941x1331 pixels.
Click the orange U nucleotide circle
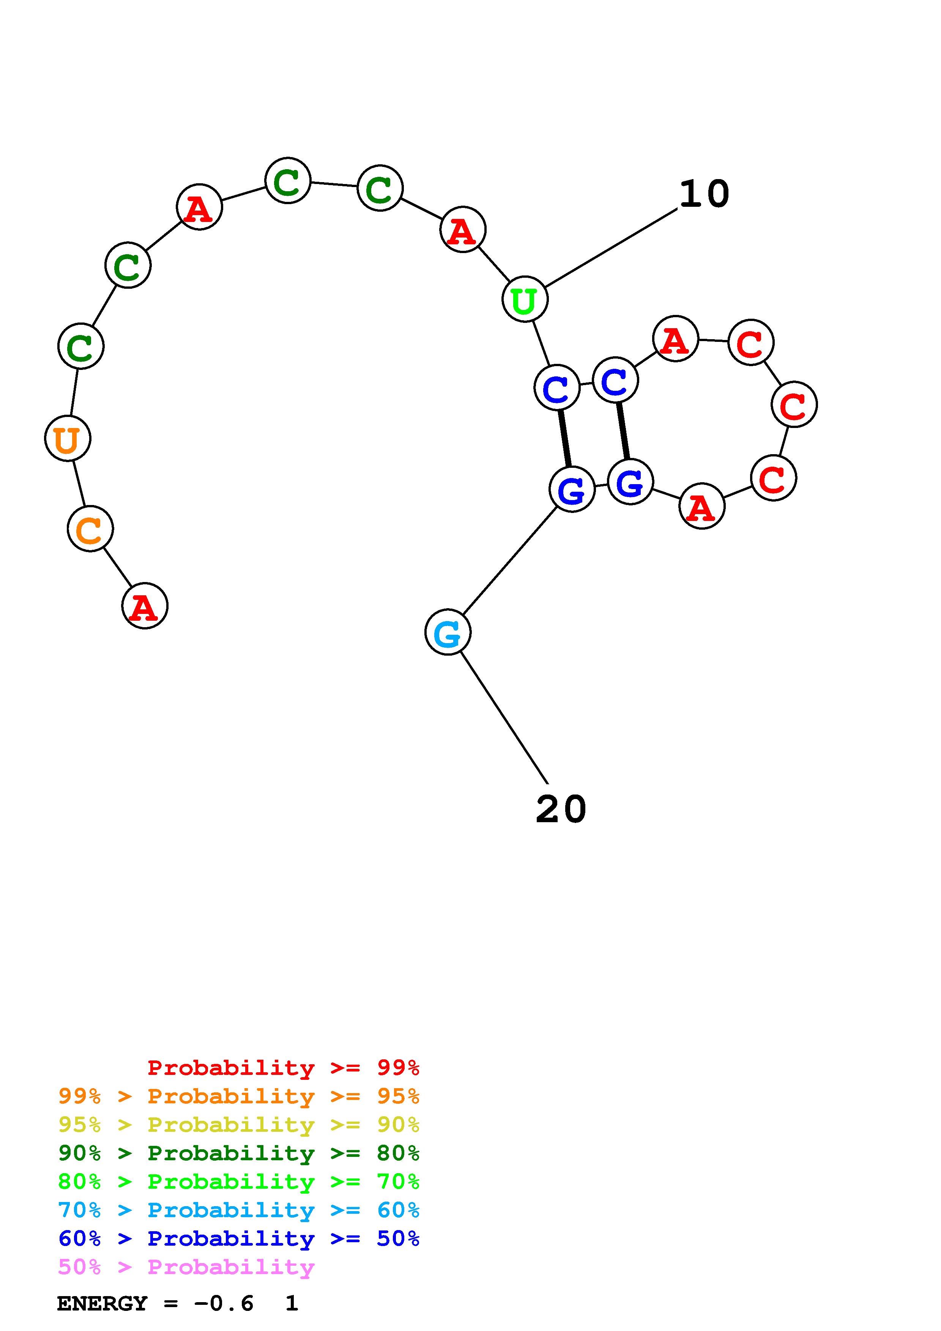coord(68,439)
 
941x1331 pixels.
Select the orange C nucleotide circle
coord(90,529)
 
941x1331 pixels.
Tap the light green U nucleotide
coord(525,299)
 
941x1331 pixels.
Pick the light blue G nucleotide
coord(448,632)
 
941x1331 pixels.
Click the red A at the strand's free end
coord(144,606)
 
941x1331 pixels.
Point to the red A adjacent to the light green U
coord(463,230)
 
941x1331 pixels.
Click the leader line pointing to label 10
coord(612,248)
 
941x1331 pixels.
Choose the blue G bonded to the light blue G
coord(572,490)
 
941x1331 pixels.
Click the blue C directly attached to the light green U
coord(556,387)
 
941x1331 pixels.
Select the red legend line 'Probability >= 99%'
coord(283,1068)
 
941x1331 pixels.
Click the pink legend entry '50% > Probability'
coord(186,1267)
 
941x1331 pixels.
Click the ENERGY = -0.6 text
coord(155,1304)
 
